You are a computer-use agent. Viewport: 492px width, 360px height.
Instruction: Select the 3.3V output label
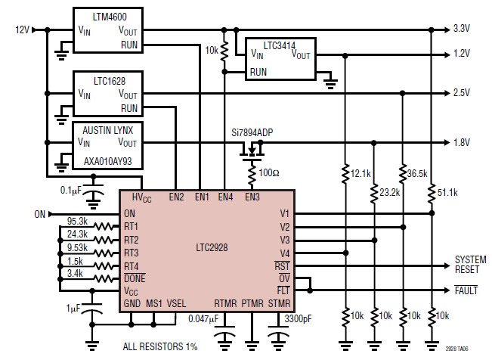coord(462,29)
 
